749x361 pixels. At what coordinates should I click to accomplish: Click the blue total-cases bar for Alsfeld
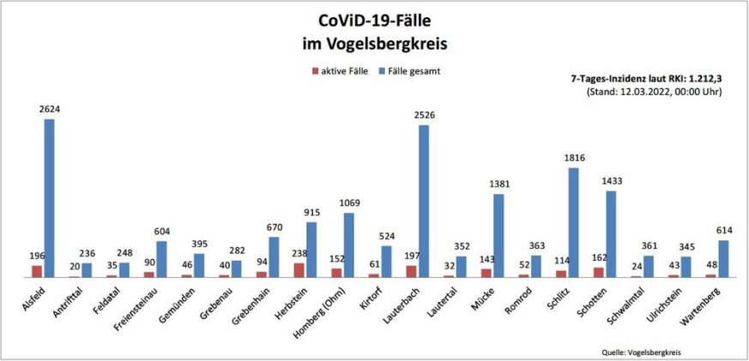point(50,197)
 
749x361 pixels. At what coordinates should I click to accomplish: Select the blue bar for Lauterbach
point(424,201)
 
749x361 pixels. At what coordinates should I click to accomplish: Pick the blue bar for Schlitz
point(574,222)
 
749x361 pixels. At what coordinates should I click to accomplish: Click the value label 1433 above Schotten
point(611,183)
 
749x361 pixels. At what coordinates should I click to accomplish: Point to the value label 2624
point(49,110)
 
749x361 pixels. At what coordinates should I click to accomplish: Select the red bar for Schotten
point(599,272)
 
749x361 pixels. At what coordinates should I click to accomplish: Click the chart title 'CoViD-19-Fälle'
point(375,20)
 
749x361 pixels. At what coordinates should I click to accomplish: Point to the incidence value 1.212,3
point(699,78)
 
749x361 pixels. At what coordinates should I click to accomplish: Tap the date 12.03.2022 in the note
point(648,90)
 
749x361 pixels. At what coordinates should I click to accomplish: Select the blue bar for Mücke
point(498,235)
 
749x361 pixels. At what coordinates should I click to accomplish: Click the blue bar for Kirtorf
point(386,262)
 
